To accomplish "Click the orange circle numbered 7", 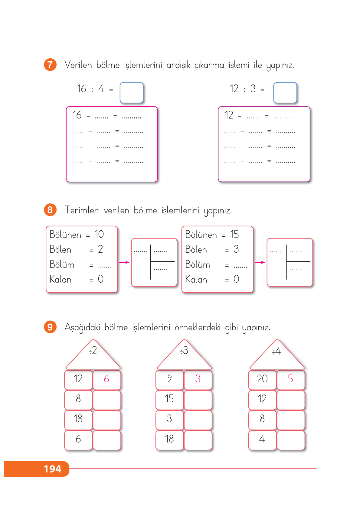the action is tap(50, 65).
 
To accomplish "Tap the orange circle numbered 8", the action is tap(50, 210).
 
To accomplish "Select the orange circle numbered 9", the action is tap(50, 327).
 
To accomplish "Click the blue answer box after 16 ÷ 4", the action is tap(132, 93).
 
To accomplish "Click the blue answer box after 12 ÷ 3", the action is tap(285, 93).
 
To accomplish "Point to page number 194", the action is tap(53, 469).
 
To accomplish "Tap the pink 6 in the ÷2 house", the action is tap(106, 379).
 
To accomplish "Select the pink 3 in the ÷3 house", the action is tap(198, 379).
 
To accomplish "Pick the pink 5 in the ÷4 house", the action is tap(290, 379).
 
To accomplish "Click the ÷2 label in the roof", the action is tap(93, 351).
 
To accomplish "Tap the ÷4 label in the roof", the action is tap(277, 351).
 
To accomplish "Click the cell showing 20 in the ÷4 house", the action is tap(262, 380).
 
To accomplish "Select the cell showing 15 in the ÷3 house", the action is tap(169, 400).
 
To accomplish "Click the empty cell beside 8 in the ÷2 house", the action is tap(107, 400).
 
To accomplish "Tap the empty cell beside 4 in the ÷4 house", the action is tap(291, 440).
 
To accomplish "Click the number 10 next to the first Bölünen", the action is tap(99, 234).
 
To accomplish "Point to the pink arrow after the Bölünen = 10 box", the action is tap(124, 262).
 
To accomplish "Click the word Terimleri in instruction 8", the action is tap(82, 210).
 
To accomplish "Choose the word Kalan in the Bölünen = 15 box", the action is tap(196, 279).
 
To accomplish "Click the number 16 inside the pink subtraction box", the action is tap(77, 115).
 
